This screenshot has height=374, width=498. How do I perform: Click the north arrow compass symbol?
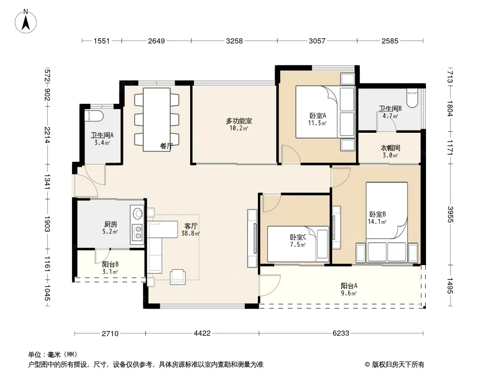pyautogui.click(x=26, y=22)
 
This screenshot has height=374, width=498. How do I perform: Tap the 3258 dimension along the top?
pyautogui.click(x=235, y=41)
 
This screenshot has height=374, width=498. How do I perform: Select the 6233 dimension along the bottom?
pyautogui.click(x=341, y=333)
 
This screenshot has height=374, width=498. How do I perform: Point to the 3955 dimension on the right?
pyautogui.click(x=450, y=215)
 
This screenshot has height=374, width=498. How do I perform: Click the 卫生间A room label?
pyautogui.click(x=102, y=136)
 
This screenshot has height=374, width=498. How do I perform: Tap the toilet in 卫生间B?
pyautogui.click(x=412, y=100)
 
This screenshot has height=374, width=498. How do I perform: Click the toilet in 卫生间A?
pyautogui.click(x=94, y=116)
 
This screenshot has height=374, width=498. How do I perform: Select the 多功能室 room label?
pyautogui.click(x=239, y=121)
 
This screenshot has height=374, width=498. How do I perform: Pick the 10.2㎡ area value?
pyautogui.click(x=239, y=129)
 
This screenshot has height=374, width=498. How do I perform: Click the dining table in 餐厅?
pyautogui.click(x=157, y=120)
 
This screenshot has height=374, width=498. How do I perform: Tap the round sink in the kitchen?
pyautogui.click(x=138, y=214)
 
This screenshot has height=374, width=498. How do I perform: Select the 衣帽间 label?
pyautogui.click(x=391, y=148)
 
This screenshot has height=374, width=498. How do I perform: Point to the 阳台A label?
pyautogui.click(x=349, y=286)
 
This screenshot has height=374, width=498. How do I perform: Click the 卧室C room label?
pyautogui.click(x=298, y=237)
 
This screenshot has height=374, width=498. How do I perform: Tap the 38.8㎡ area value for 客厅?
pyautogui.click(x=191, y=234)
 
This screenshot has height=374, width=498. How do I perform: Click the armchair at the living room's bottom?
pyautogui.click(x=178, y=277)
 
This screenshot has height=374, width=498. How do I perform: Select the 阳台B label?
pyautogui.click(x=111, y=265)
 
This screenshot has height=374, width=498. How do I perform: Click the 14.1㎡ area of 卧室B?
pyautogui.click(x=377, y=222)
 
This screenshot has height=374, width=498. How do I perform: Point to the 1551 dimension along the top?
pyautogui.click(x=102, y=41)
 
